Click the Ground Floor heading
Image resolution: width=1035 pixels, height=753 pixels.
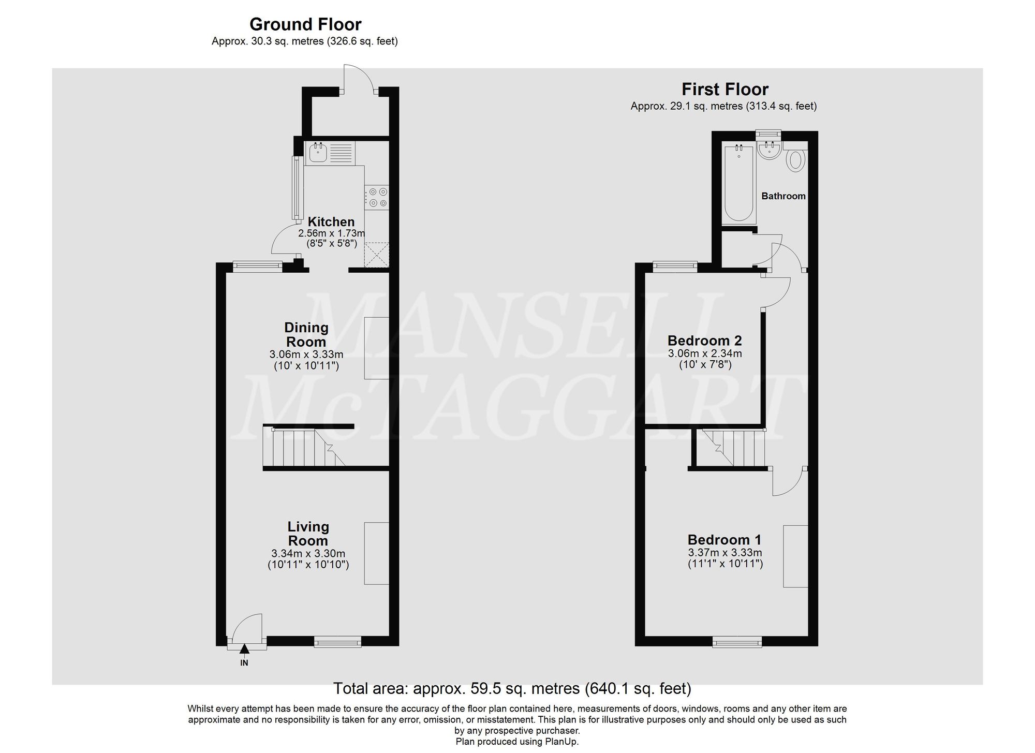tap(305, 24)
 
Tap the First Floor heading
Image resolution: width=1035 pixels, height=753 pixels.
tap(724, 90)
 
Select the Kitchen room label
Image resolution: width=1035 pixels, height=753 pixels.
tap(331, 222)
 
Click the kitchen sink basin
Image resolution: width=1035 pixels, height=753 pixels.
tap(317, 153)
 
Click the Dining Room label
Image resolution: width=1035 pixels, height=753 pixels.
tap(306, 334)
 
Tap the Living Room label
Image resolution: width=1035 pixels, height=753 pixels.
tap(308, 534)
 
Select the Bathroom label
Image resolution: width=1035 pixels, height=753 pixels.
tap(783, 196)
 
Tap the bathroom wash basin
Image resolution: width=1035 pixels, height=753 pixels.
tap(769, 151)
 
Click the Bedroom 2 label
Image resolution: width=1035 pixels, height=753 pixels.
tap(704, 341)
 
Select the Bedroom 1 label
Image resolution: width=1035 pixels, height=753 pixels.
tap(724, 540)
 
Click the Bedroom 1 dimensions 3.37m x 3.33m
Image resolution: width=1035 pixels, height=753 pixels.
tap(724, 553)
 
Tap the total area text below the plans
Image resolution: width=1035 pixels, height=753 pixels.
tap(512, 688)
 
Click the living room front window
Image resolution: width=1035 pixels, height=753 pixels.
tap(337, 642)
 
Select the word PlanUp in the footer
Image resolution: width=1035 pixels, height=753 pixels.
tap(561, 742)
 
